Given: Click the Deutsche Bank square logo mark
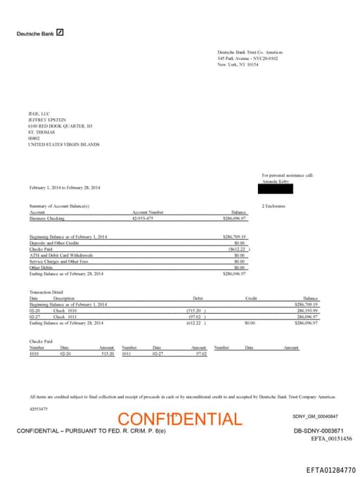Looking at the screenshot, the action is coord(60,33).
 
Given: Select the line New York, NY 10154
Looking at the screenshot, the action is coord(238,64).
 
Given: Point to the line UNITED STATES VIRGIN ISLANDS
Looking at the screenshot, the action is coord(63,144).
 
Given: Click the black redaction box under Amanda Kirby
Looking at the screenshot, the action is coord(276,188).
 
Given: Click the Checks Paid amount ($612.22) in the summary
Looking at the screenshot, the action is coord(235,248).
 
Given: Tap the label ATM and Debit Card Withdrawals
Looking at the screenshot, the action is coord(61,255).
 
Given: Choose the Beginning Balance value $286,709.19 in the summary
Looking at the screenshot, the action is coord(233,236).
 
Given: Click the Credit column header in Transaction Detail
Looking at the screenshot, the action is coord(251,298).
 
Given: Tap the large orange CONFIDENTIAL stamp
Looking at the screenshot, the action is coord(179,419).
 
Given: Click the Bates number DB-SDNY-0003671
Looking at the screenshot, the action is coord(318,430).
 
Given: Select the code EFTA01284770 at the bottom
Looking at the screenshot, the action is coord(330,469).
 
